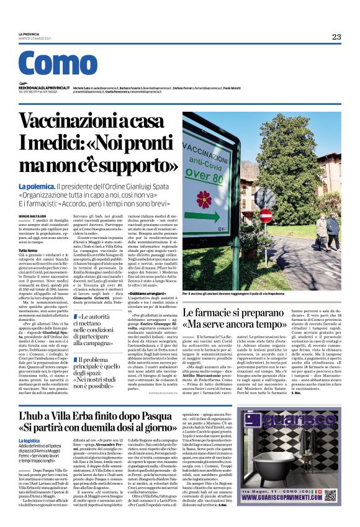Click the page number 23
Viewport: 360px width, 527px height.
tap(336, 37)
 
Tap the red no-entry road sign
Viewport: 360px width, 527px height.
tap(266, 215)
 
